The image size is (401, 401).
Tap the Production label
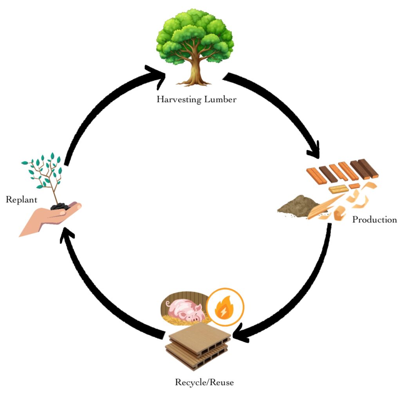coord(374,220)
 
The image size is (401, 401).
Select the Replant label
coord(22,200)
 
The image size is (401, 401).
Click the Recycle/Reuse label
coord(204,382)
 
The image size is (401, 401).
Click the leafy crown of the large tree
coord(195,35)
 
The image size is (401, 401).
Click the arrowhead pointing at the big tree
coord(157,75)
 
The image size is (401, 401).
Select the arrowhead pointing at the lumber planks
coord(313,151)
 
